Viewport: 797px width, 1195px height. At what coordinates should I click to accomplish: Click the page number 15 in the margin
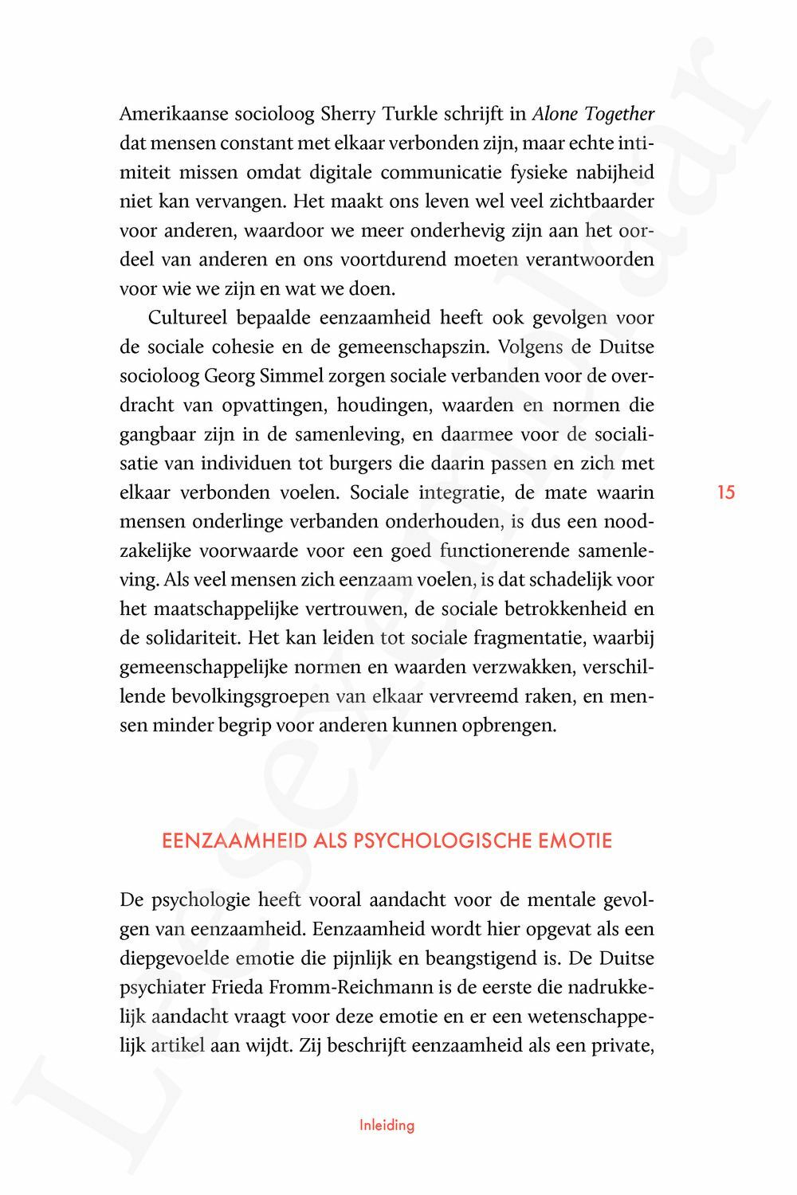[725, 492]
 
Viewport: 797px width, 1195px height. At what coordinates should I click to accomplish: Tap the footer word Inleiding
[387, 1126]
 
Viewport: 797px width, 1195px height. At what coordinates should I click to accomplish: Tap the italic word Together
[619, 115]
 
